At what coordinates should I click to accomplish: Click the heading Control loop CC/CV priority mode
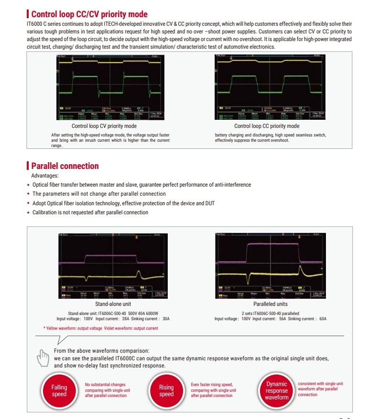(89, 14)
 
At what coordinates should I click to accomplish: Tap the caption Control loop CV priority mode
(104, 126)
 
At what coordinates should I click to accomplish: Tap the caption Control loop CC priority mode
(267, 126)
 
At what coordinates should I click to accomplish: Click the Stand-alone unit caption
(113, 304)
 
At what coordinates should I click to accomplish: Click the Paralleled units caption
(271, 304)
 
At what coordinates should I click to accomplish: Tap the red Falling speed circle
(59, 391)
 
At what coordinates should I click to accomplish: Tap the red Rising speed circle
(166, 391)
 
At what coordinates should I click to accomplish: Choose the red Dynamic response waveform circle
(276, 391)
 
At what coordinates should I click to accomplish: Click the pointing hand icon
(43, 357)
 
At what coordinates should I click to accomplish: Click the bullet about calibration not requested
(90, 212)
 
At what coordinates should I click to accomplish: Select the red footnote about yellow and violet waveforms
(100, 328)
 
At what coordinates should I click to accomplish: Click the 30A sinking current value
(165, 319)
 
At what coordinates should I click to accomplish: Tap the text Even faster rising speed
(212, 384)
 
